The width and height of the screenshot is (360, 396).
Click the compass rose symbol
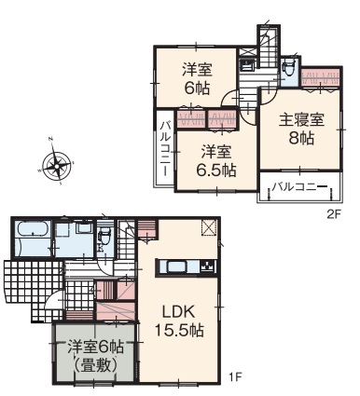pyautogui.click(x=57, y=161)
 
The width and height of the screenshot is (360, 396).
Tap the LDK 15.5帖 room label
pyautogui.click(x=179, y=321)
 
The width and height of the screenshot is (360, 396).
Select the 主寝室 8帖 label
pyautogui.click(x=301, y=129)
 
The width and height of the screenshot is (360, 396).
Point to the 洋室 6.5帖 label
pyautogui.click(x=216, y=160)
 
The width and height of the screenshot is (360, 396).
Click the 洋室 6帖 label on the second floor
pyautogui.click(x=197, y=79)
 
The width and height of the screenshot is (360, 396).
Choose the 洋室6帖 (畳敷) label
pyautogui.click(x=96, y=356)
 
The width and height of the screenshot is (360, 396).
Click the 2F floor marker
pyautogui.click(x=335, y=214)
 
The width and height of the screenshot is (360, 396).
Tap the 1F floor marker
pyautogui.click(x=235, y=377)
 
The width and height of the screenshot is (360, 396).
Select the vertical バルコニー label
pyautogui.click(x=166, y=149)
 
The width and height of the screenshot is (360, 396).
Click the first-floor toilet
pyautogui.click(x=104, y=238)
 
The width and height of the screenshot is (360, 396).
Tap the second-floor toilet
pyautogui.click(x=287, y=68)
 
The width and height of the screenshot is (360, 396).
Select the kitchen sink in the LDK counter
pyautogui.click(x=178, y=266)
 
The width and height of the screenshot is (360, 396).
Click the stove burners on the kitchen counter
pyautogui.click(x=208, y=266)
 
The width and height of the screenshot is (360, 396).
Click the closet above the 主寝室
pyautogui.click(x=321, y=77)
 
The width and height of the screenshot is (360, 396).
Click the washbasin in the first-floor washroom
pyautogui.click(x=84, y=227)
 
